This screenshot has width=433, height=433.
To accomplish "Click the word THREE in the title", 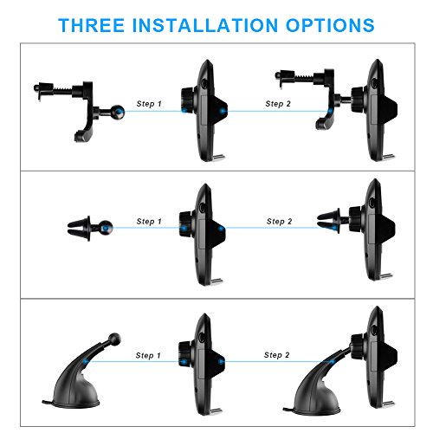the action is pos(92,25).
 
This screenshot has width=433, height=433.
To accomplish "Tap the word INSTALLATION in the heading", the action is pos(205,25).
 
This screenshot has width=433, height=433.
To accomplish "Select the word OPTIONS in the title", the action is pos(330,25).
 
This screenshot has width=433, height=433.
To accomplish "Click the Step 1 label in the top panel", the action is pos(149,104).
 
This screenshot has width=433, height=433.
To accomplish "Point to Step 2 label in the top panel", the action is pos(278,104).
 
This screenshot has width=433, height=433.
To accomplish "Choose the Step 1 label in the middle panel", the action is pos(149,222).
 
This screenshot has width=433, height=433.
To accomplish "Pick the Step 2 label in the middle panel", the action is pos(280,222).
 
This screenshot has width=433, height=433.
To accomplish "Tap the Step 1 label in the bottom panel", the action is pos(148,355).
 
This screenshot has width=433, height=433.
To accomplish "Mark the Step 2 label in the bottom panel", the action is pos(277,355).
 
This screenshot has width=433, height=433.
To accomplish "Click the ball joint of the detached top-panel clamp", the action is pos(119,112).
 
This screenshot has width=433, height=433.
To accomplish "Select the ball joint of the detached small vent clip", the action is pos(106,228).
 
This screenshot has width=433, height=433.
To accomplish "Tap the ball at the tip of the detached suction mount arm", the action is pos(114,339).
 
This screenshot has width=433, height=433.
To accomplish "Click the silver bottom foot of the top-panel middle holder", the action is pos(218,157).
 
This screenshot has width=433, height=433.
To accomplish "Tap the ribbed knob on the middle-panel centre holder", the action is pos(185,224).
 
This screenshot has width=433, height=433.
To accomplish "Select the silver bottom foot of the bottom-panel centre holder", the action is pos(216,410).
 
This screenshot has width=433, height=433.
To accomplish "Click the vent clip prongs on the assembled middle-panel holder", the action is pos(328,221).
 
